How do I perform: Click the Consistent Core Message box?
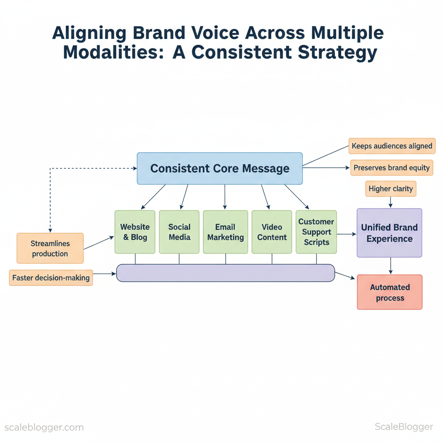coord(220,168)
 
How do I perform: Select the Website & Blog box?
coord(135,232)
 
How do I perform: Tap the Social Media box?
coord(179,232)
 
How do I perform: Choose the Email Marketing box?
coord(225,232)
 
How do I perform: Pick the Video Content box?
coord(272,232)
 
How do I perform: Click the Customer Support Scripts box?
coord(316,232)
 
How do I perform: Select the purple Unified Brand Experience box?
coord(389,233)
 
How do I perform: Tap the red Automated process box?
coord(390,292)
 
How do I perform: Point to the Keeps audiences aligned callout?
coord(392,146)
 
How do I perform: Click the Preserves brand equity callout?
coord(392,168)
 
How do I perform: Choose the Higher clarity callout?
coord(391,189)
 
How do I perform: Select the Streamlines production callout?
coord(50,248)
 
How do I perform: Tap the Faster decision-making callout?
coord(51,278)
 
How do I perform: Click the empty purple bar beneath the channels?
coord(225,273)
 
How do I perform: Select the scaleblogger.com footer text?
coord(44,427)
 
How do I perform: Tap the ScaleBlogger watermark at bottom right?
coord(403,427)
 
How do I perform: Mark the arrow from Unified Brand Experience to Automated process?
coord(391,266)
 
